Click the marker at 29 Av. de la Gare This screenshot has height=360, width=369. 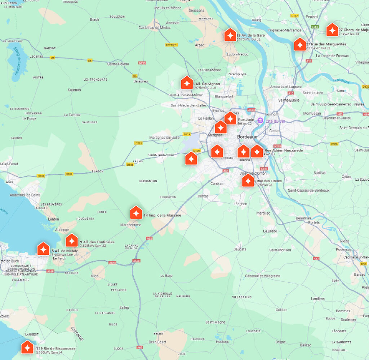(x=230, y=35)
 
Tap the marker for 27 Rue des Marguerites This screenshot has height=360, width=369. (x=299, y=45)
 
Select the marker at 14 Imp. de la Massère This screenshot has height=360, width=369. (x=136, y=213)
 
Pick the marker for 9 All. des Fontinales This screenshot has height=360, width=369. (x=72, y=240)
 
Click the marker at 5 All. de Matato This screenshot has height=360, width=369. (x=43, y=249)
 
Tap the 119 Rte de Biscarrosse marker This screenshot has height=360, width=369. (x=27, y=348)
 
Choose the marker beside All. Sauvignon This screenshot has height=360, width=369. (x=187, y=83)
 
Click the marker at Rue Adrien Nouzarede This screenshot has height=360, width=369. (x=257, y=152)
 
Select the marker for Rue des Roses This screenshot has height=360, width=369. (x=248, y=181)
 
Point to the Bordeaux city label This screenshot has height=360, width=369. (x=247, y=137)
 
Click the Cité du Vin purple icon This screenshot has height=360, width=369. (x=261, y=121)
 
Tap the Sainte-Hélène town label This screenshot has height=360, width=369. (x=118, y=64)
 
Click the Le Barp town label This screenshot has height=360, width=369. (x=166, y=275)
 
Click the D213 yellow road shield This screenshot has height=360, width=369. (x=187, y=134)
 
